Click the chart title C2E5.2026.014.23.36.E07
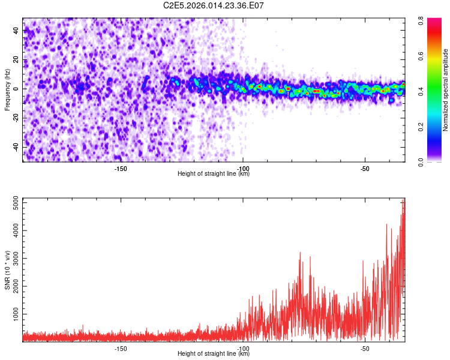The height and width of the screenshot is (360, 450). pyautogui.click(x=214, y=6)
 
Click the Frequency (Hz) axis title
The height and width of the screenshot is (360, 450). pyautogui.click(x=8, y=89)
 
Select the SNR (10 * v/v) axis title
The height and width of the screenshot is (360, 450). pyautogui.click(x=8, y=269)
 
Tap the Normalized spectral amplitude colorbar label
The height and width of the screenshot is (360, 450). pyautogui.click(x=446, y=90)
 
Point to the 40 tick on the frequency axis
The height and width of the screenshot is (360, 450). pyautogui.click(x=17, y=31)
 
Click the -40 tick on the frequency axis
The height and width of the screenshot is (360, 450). pyautogui.click(x=16, y=147)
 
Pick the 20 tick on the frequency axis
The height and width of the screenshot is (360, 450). pyautogui.click(x=17, y=60)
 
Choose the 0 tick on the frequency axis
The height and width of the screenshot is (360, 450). pyautogui.click(x=19, y=89)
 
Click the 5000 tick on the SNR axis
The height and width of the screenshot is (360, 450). pyautogui.click(x=13, y=203)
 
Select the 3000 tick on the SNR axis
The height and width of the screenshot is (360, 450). pyautogui.click(x=13, y=259)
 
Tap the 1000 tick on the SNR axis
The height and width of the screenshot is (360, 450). pyautogui.click(x=13, y=314)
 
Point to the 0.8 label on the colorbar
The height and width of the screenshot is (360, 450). pyautogui.click(x=422, y=19)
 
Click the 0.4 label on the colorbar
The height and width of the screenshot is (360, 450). pyautogui.click(x=422, y=91)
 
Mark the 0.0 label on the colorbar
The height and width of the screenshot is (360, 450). pyautogui.click(x=422, y=161)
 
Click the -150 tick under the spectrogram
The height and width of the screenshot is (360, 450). pyautogui.click(x=121, y=169)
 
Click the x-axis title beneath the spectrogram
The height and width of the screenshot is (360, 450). pyautogui.click(x=214, y=174)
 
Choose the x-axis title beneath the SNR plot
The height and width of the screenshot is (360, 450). pyautogui.click(x=214, y=354)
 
